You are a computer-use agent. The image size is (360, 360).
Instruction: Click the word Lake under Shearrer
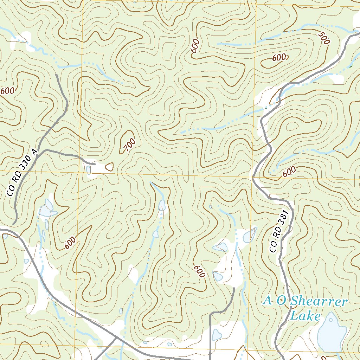tap(306, 316)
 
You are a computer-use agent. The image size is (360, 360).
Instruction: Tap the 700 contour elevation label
tap(129, 145)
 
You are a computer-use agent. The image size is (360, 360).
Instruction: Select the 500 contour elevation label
tap(324, 38)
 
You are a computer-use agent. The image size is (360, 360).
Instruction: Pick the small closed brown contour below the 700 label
tap(110, 167)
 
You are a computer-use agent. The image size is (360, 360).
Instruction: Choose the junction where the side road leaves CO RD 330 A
tap(44, 150)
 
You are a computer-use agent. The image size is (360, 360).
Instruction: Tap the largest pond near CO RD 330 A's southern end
tap(46, 210)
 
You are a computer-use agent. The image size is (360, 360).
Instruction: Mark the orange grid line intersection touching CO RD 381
tap(253, 177)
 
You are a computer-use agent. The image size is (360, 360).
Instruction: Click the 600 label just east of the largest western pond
tap(70, 243)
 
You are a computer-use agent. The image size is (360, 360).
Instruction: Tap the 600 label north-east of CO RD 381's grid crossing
tap(289, 172)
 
